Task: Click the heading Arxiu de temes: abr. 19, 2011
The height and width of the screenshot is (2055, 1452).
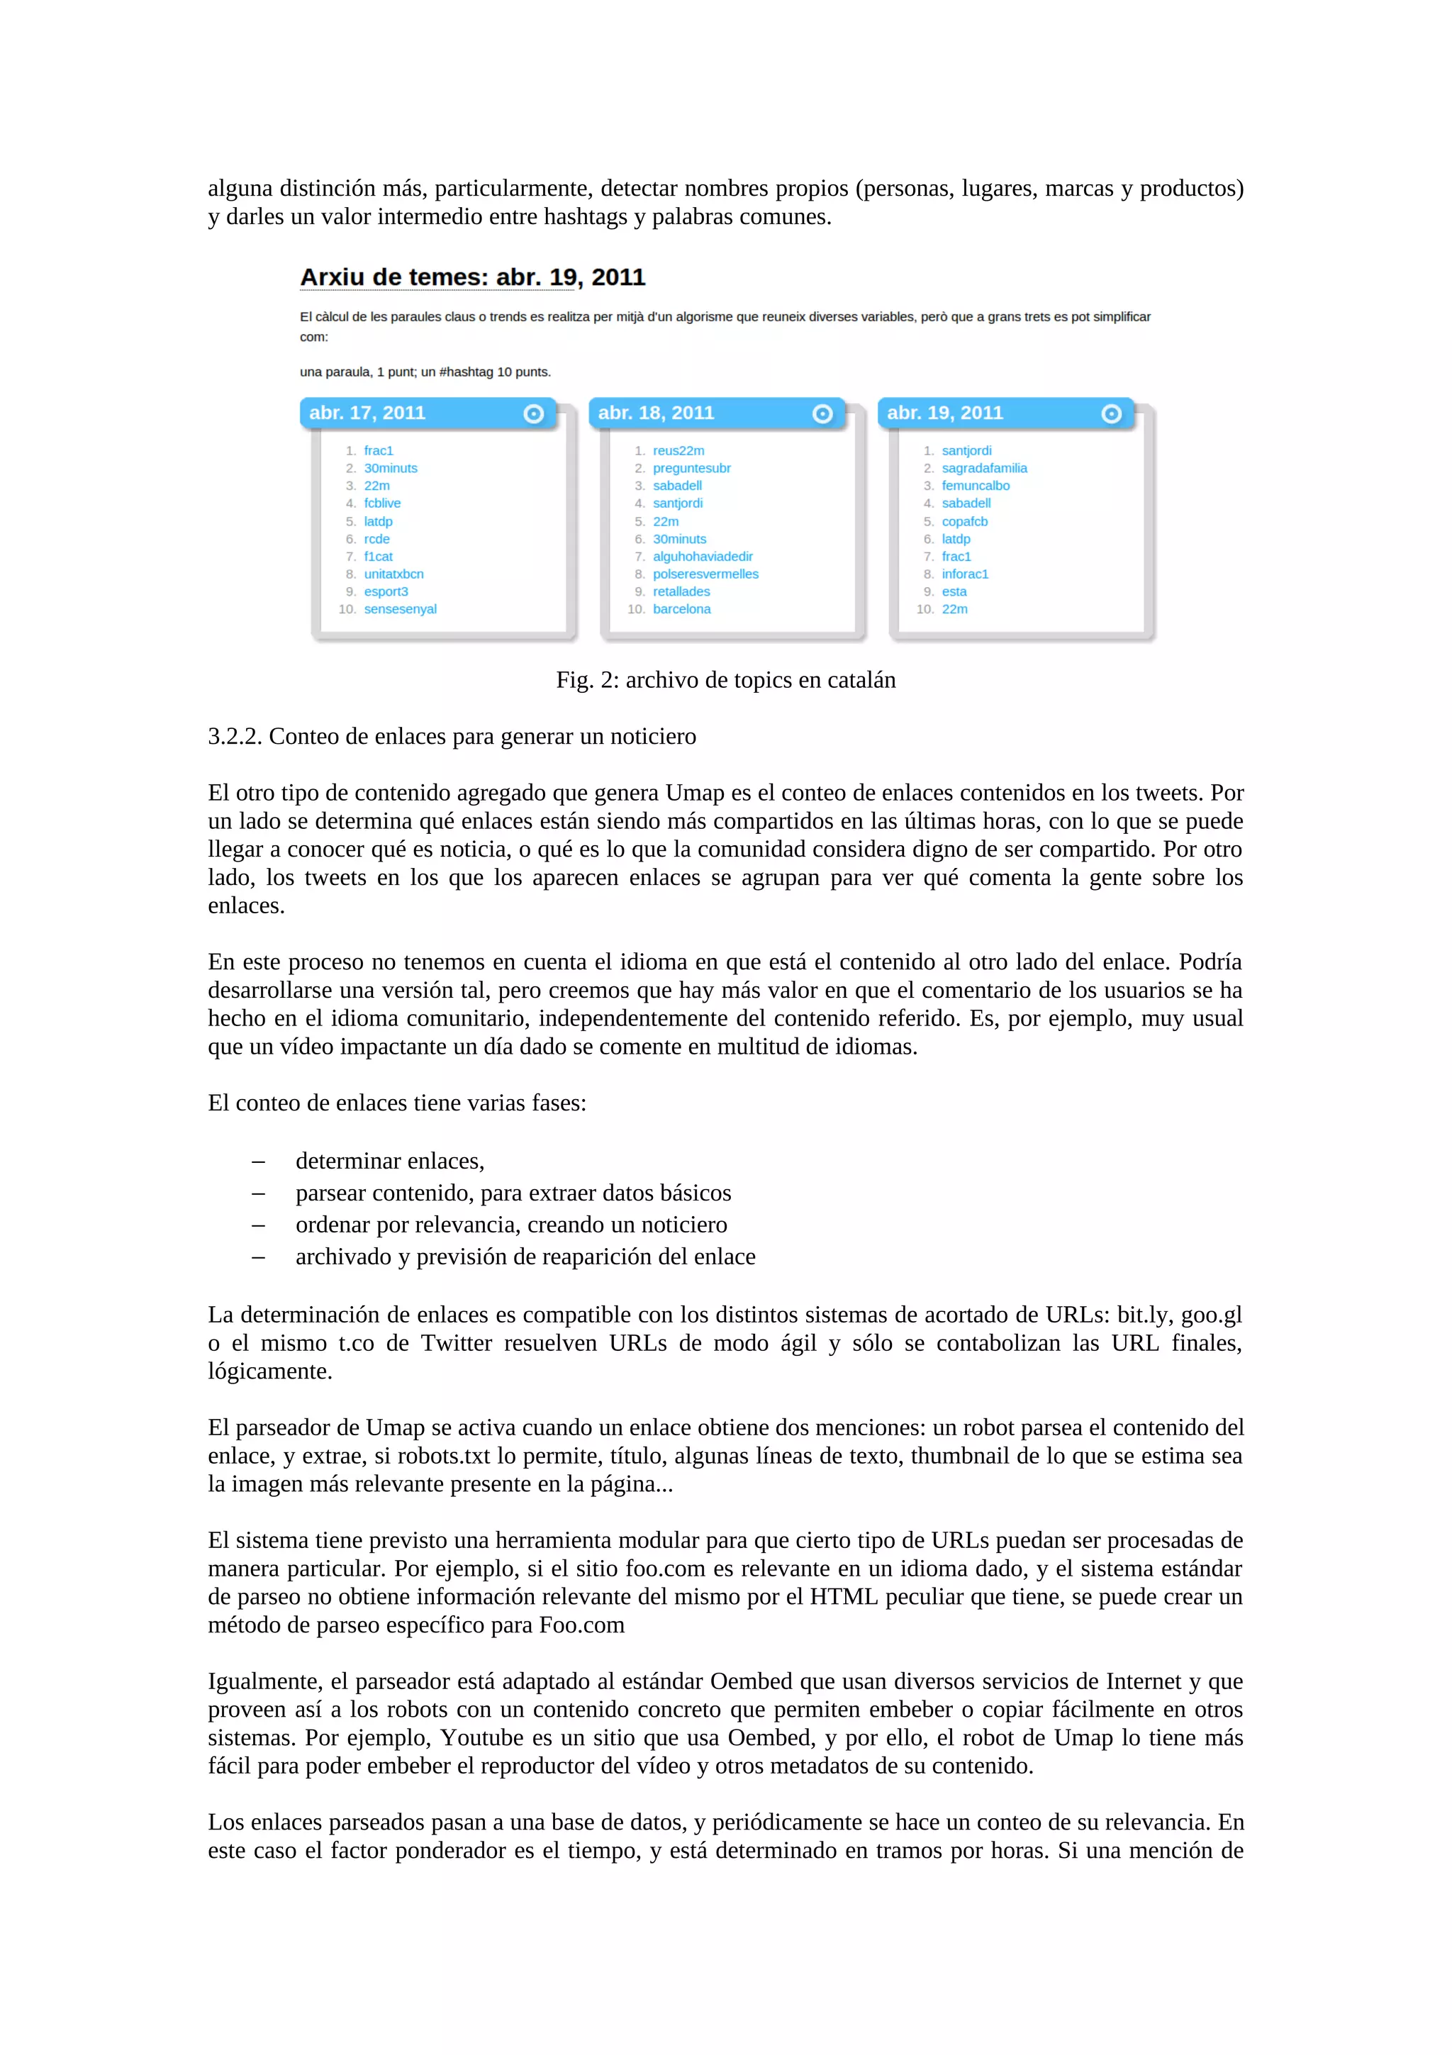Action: pos(472,277)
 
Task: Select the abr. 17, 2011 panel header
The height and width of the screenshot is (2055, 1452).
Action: pos(428,413)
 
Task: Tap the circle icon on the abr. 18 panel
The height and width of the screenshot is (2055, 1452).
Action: pos(822,413)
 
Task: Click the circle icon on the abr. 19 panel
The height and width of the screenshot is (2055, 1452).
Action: pos(1111,413)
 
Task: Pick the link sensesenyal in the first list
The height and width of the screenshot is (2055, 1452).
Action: pos(400,608)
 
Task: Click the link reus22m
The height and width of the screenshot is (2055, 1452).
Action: pos(678,450)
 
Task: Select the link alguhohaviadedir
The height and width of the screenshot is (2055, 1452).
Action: pos(703,556)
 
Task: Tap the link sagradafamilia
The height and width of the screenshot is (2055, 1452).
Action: pos(984,468)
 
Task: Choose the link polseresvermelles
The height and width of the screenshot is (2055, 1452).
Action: pos(705,574)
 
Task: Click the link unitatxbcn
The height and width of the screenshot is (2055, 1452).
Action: pos(393,574)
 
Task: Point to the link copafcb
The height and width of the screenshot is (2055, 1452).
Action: pos(964,521)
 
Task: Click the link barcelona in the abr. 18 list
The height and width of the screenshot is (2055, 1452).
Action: pos(682,608)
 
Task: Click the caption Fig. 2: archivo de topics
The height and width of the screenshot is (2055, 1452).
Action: pos(725,680)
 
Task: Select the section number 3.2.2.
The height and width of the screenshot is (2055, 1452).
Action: pos(235,737)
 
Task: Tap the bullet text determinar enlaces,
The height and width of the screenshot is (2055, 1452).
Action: pos(390,1161)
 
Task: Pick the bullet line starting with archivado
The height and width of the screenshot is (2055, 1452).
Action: pos(525,1257)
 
